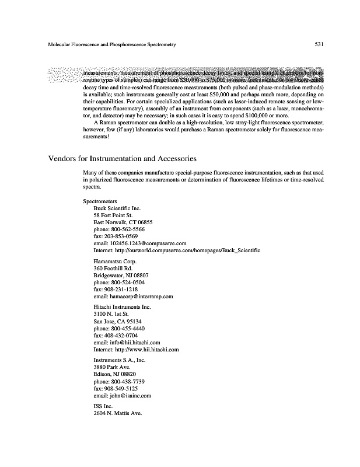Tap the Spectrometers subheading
click(100, 201)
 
